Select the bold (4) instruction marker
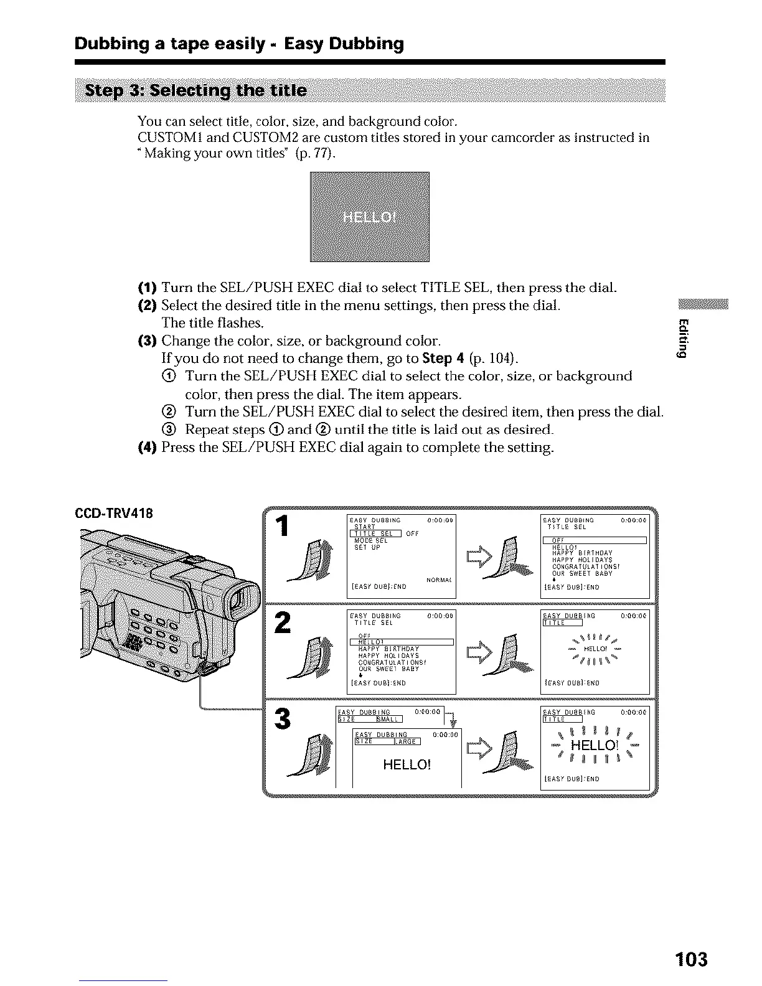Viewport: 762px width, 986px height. point(147,448)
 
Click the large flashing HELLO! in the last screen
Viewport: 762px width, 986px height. point(593,746)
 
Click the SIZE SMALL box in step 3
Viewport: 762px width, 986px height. point(370,720)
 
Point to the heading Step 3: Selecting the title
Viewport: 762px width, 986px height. point(196,91)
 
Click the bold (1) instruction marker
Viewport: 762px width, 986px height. point(147,288)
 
